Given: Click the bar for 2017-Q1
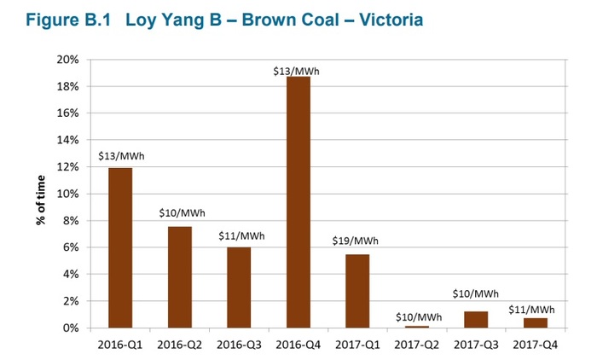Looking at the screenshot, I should (357, 291).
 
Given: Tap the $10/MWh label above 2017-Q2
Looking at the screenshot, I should (418, 317).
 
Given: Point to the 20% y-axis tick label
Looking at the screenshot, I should (68, 61).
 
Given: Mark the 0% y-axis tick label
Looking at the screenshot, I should (72, 328).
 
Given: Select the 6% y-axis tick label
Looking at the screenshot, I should (72, 247).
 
